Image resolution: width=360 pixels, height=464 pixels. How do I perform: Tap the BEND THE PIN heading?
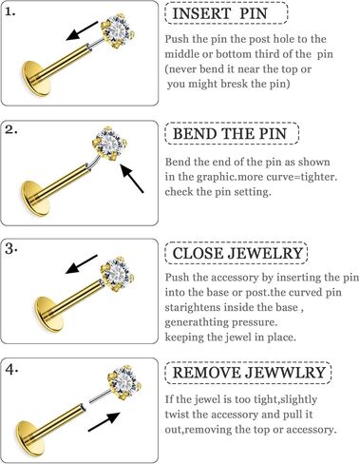pyautogui.click(x=231, y=132)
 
